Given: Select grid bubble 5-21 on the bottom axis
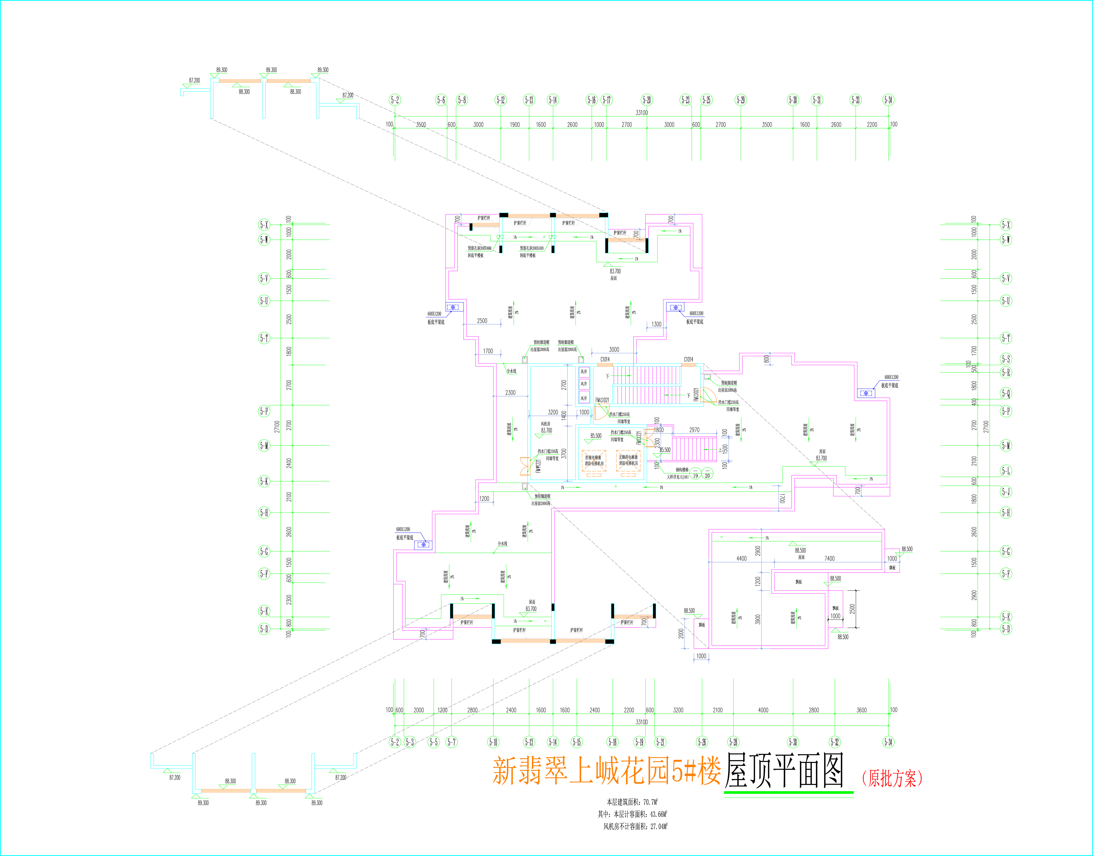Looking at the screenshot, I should (661, 742).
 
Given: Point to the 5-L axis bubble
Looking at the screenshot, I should (1006, 471).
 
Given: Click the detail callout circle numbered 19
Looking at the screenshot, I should (696, 476).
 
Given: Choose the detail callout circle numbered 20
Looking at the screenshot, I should (707, 476).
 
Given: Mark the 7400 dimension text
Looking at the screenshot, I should (829, 558).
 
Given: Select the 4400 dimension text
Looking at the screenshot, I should (742, 558).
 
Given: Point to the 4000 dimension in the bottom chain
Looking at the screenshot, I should (763, 710).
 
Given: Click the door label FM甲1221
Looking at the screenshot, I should (538, 466).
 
